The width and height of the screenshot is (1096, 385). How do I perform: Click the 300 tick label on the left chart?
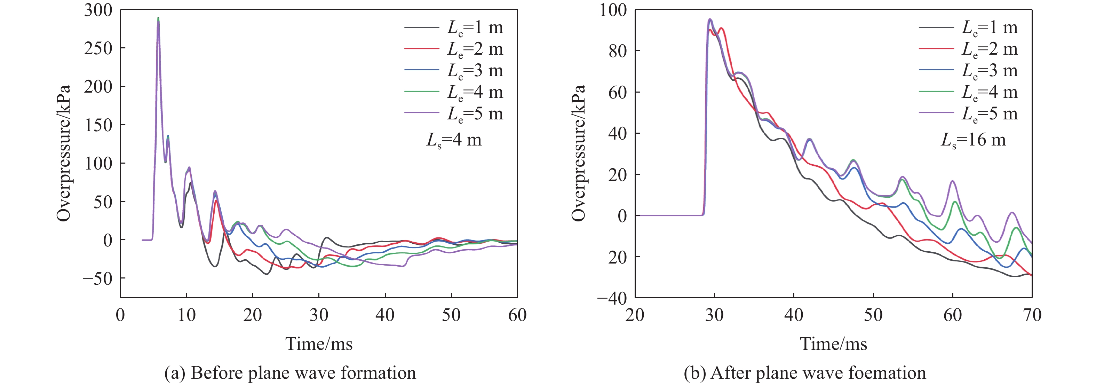(98, 10)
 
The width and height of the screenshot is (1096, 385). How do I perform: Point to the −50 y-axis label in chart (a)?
(97, 278)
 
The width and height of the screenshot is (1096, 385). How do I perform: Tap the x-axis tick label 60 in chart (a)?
(517, 315)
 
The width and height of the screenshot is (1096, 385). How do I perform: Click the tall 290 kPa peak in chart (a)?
(158, 19)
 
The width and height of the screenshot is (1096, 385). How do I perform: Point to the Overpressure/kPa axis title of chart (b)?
(579, 153)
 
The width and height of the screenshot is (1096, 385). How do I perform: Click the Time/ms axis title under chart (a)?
(319, 344)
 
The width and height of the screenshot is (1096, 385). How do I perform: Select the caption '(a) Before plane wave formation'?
(290, 373)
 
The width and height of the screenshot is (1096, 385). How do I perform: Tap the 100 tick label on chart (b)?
(613, 10)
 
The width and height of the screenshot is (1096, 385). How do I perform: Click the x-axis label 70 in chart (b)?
(1032, 315)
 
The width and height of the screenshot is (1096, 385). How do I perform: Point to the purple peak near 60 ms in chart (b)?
(953, 181)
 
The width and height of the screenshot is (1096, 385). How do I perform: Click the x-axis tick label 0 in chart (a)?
(120, 315)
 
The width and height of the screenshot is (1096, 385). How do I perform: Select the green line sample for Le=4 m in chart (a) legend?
(421, 92)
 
